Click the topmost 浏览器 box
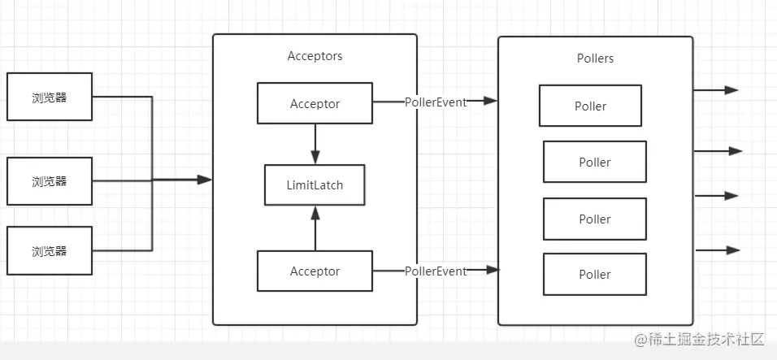[x=50, y=97]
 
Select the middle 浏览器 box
[x=50, y=181]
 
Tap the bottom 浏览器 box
[x=50, y=250]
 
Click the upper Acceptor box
[x=315, y=103]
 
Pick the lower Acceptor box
[x=315, y=271]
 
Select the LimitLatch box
[x=315, y=185]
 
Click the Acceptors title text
[x=315, y=56]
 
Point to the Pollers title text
[x=595, y=59]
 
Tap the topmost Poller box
[x=590, y=106]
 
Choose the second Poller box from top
[x=595, y=162]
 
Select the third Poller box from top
[x=595, y=219]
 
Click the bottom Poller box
[x=595, y=275]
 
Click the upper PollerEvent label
[x=436, y=102]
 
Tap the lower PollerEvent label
[x=436, y=271]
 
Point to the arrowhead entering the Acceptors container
[x=205, y=180]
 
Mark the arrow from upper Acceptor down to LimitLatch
[x=315, y=144]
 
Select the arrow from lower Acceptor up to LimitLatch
[x=315, y=228]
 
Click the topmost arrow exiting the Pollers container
[x=716, y=90]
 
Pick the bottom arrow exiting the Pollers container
[x=718, y=250]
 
